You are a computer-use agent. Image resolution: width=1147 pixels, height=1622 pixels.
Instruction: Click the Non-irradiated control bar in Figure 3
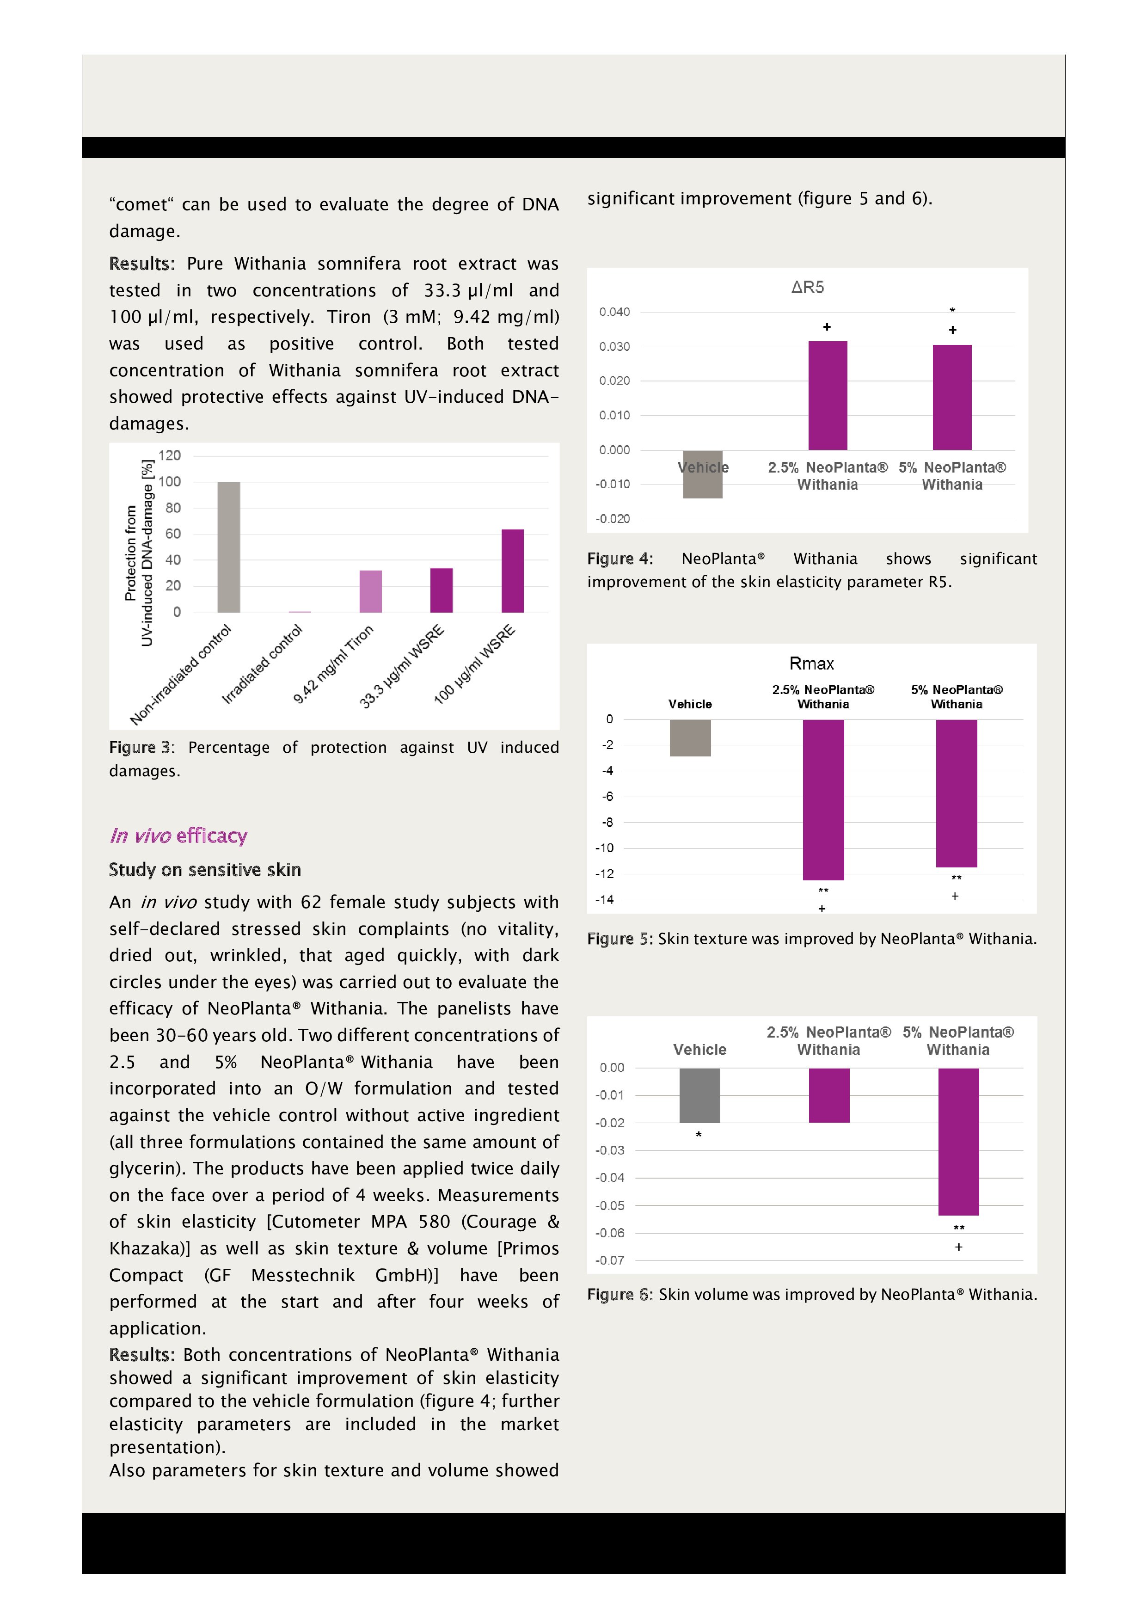pyautogui.click(x=229, y=547)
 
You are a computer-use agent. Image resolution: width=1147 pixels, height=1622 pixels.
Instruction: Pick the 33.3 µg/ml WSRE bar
pyautogui.click(x=442, y=590)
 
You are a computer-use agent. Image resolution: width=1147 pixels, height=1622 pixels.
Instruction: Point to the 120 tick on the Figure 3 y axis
pyautogui.click(x=170, y=455)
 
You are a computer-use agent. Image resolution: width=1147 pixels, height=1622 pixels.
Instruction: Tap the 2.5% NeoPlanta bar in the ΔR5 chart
pyautogui.click(x=828, y=396)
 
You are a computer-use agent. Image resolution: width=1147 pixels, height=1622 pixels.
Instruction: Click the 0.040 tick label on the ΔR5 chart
pyautogui.click(x=614, y=312)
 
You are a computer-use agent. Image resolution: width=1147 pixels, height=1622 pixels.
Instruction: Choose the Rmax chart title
pyautogui.click(x=811, y=664)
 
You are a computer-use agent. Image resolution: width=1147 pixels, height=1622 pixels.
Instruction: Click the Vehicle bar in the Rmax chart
pyautogui.click(x=690, y=737)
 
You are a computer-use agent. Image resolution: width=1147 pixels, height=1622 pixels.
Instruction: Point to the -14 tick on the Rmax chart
pyautogui.click(x=605, y=899)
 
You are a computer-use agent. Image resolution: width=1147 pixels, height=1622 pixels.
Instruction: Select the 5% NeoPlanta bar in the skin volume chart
pyautogui.click(x=958, y=1141)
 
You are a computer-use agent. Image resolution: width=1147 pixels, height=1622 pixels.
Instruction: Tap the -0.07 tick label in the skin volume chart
pyautogui.click(x=609, y=1260)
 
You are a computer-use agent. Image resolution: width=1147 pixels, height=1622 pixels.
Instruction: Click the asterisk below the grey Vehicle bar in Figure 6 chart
pyautogui.click(x=699, y=1135)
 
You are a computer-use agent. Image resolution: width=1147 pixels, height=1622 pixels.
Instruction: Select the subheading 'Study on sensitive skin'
pyautogui.click(x=205, y=870)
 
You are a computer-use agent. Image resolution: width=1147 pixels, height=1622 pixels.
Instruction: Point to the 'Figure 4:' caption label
pyautogui.click(x=620, y=559)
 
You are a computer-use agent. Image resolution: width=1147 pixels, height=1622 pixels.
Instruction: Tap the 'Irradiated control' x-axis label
pyautogui.click(x=263, y=664)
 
